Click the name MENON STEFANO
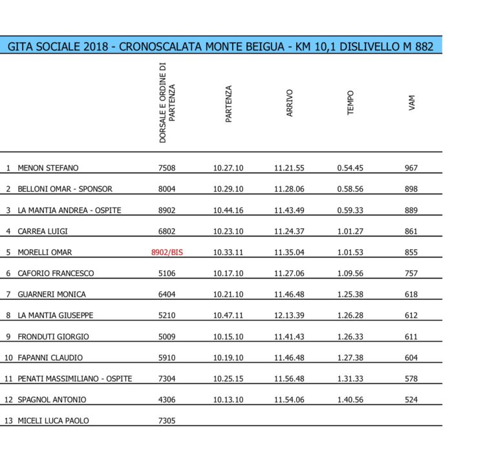pos(48,168)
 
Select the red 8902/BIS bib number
pos(166,253)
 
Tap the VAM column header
pos(411,103)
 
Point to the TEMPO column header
pos(350,103)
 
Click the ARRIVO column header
pos(290,103)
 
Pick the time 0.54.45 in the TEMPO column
pos(350,168)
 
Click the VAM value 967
pos(411,168)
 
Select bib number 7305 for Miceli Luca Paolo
pos(166,421)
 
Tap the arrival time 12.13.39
pos(289,315)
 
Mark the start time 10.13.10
pos(228,400)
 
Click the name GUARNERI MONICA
pos(52,295)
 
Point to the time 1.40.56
pos(350,400)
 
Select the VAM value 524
pos(411,400)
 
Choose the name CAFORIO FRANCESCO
pos(56,273)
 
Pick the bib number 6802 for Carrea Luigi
pos(166,231)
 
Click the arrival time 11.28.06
pos(289,189)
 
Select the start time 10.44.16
pos(228,211)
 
